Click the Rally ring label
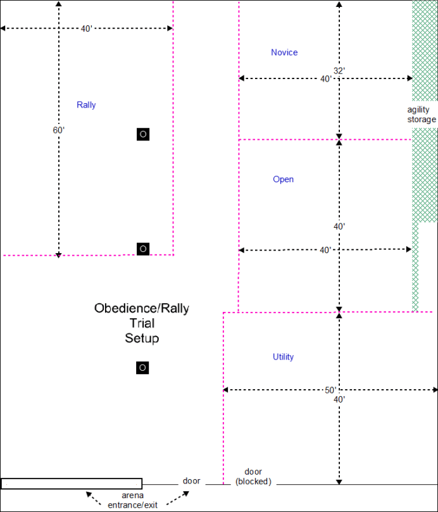(86, 105)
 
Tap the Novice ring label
(284, 53)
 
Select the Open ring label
(283, 180)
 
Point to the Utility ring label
(283, 357)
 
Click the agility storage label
(422, 115)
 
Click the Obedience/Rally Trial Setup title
(142, 323)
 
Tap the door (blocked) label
(253, 477)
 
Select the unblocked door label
(191, 481)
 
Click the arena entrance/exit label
(132, 500)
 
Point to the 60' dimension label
(59, 130)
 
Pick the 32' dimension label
(339, 71)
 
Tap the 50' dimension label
(330, 390)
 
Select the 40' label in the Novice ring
(325, 79)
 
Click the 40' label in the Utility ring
(339, 400)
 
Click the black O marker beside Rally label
(143, 134)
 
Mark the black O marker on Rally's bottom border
(143, 249)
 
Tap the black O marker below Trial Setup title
(142, 368)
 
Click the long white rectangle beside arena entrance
(71, 484)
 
